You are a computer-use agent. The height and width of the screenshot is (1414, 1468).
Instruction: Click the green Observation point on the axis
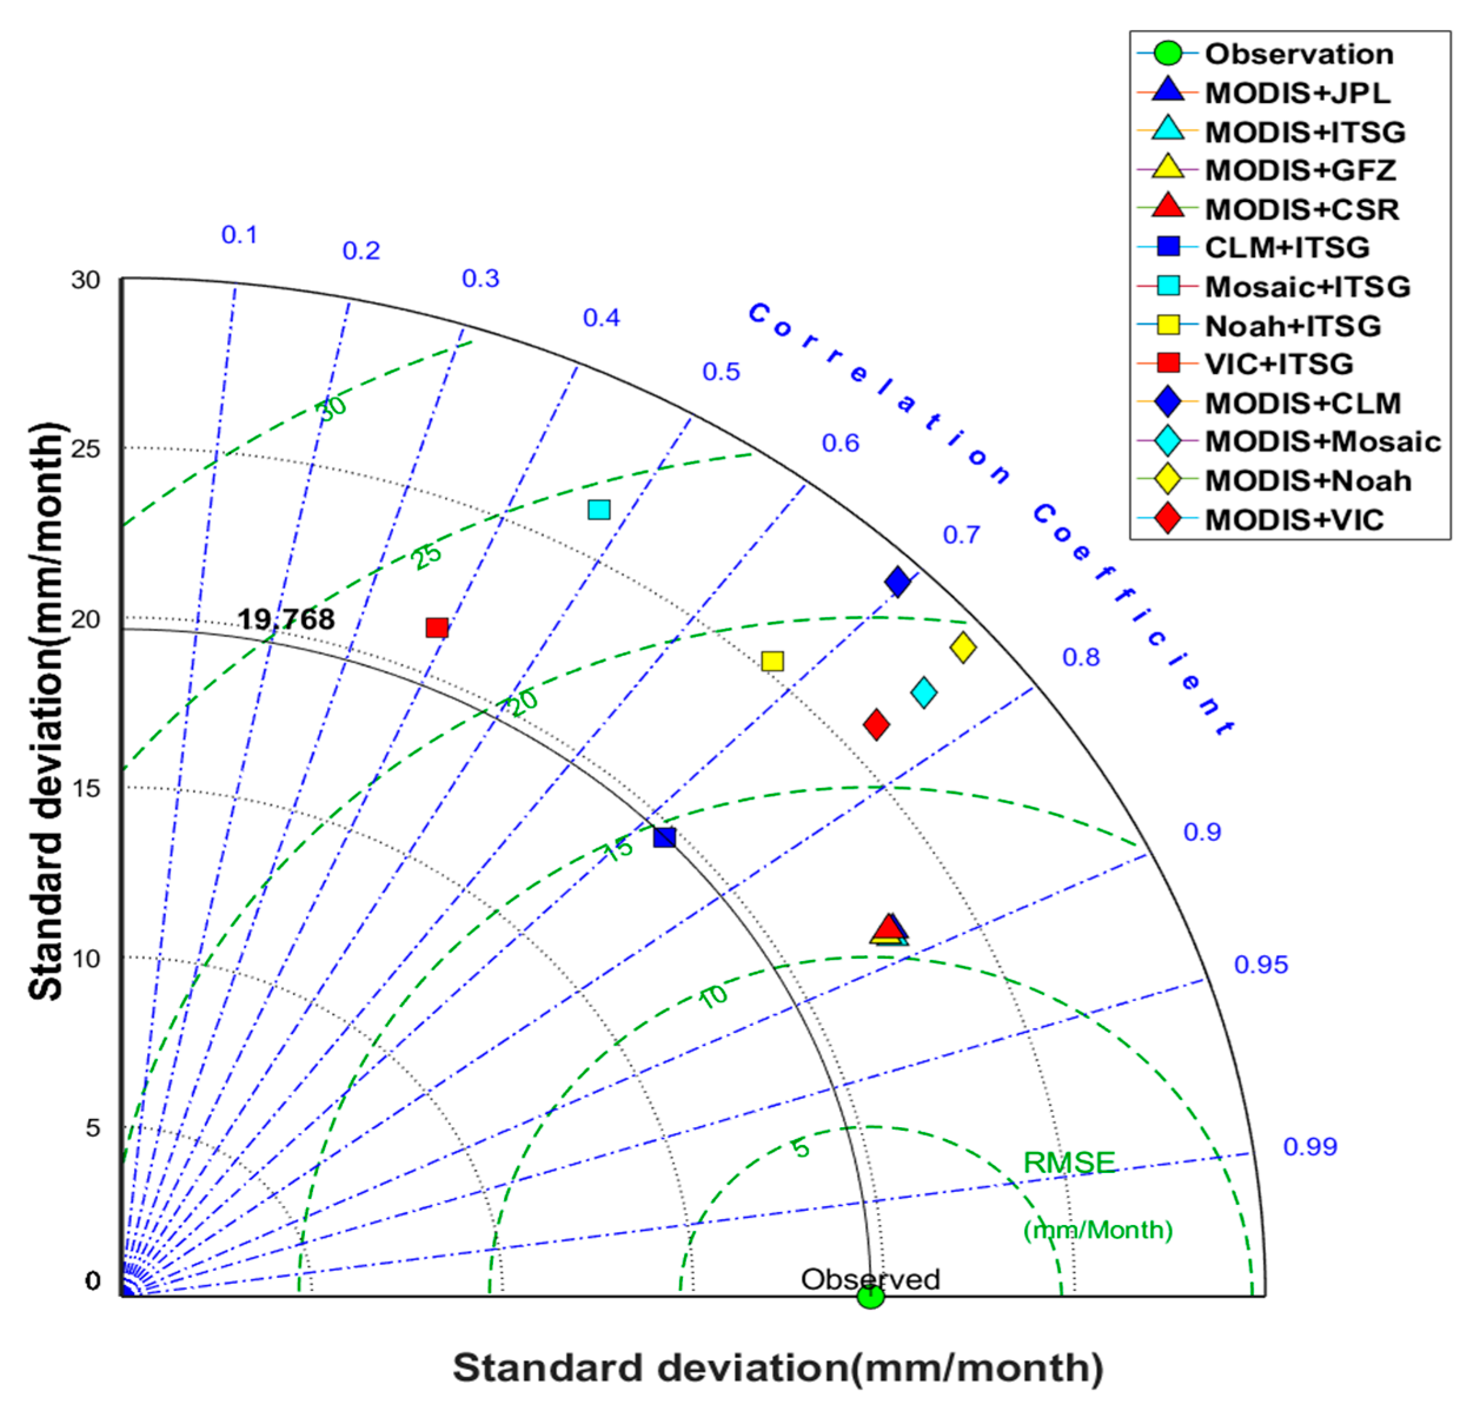(x=869, y=1296)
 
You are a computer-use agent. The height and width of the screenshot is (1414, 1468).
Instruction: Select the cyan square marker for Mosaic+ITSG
(x=599, y=509)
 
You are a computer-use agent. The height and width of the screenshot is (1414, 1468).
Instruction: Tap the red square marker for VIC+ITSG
(x=437, y=627)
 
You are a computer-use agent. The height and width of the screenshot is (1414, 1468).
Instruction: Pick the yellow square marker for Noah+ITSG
(x=772, y=661)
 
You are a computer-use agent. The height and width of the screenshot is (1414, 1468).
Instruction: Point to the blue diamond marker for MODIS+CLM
(x=897, y=581)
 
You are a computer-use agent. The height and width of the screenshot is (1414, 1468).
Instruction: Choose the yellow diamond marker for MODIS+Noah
(x=963, y=647)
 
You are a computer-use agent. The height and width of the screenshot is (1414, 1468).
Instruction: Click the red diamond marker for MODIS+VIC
(x=876, y=724)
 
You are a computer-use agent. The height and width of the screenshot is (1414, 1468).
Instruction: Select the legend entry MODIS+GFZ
(x=1300, y=170)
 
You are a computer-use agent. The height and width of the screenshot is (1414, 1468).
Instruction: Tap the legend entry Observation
(x=1298, y=54)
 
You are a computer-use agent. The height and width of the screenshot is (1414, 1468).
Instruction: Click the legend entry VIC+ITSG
(x=1278, y=364)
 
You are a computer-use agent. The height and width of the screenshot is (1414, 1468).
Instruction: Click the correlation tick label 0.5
(x=720, y=372)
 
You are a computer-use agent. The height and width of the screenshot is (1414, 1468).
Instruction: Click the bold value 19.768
(x=286, y=619)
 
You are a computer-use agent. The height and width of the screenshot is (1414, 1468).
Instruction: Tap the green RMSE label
(x=1069, y=1163)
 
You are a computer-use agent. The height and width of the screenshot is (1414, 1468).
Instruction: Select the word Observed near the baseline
(x=871, y=1279)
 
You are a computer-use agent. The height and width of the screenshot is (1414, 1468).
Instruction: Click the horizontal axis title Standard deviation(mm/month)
(x=778, y=1367)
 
